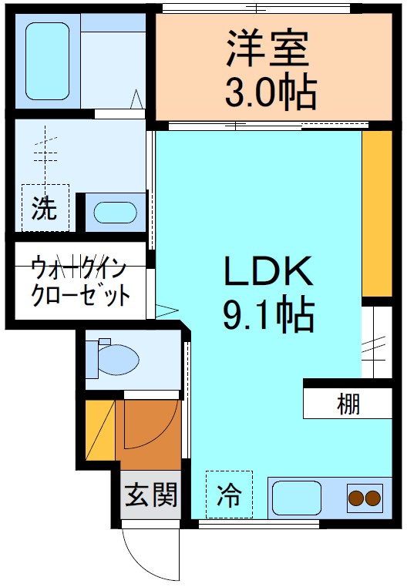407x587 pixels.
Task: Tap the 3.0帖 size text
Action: pyautogui.click(x=270, y=92)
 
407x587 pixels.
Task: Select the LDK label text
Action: pyautogui.click(x=267, y=271)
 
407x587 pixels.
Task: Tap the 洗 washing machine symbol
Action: pyautogui.click(x=45, y=208)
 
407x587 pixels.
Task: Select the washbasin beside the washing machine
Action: pyautogui.click(x=114, y=211)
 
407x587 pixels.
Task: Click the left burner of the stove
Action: pyautogui.click(x=357, y=498)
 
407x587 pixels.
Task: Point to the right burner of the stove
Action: pyautogui.click(x=374, y=498)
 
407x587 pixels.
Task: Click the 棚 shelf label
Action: pyautogui.click(x=348, y=403)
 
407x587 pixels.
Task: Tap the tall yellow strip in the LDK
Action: pyautogui.click(x=376, y=214)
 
